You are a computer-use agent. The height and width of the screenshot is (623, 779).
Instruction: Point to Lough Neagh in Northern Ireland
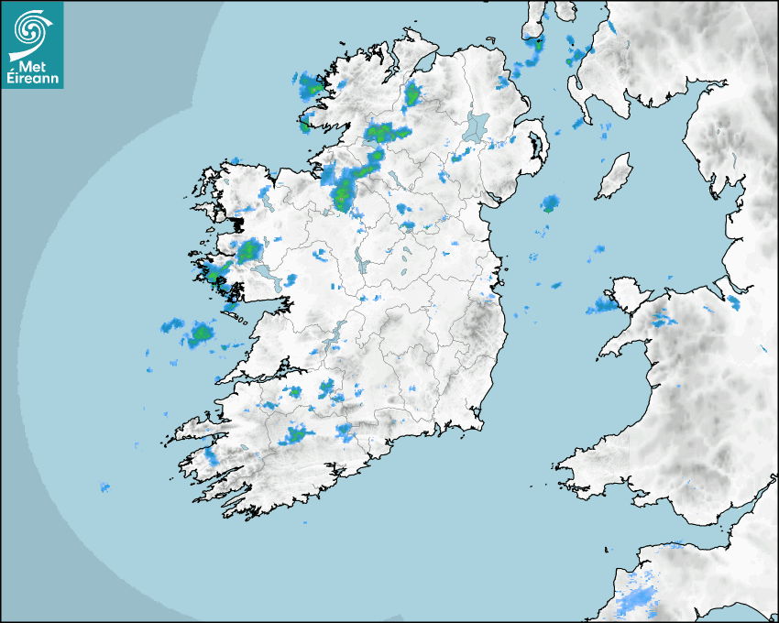point(476,126)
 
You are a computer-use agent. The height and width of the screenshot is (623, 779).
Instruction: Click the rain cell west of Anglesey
point(603,305)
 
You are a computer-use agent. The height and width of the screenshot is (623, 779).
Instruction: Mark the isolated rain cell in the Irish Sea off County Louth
point(549,203)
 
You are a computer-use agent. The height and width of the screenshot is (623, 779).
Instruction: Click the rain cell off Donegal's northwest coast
point(310,87)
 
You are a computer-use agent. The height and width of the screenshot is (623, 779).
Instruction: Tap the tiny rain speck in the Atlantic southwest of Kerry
point(104,486)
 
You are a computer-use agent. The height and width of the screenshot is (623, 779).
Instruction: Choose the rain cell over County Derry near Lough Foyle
point(411,93)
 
